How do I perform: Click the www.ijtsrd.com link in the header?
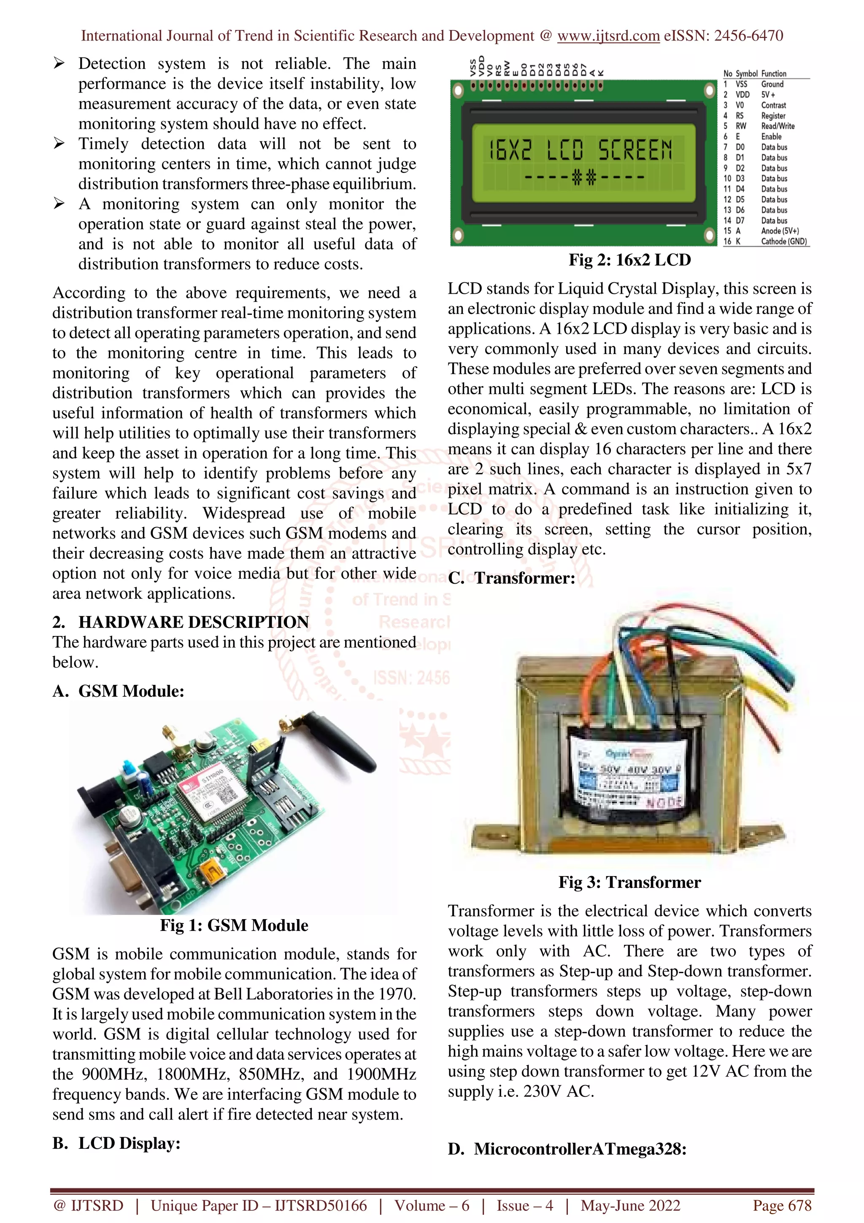tap(608, 36)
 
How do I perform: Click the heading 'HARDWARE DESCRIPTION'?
tap(193, 622)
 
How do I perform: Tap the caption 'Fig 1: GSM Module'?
tap(234, 925)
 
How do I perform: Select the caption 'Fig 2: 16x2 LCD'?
tap(629, 260)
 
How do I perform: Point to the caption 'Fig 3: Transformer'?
tap(629, 882)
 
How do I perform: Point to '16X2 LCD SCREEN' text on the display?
tap(580, 150)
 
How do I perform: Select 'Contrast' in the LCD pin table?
tap(773, 106)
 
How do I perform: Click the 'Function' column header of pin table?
tap(773, 73)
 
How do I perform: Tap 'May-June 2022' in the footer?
tap(630, 1205)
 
